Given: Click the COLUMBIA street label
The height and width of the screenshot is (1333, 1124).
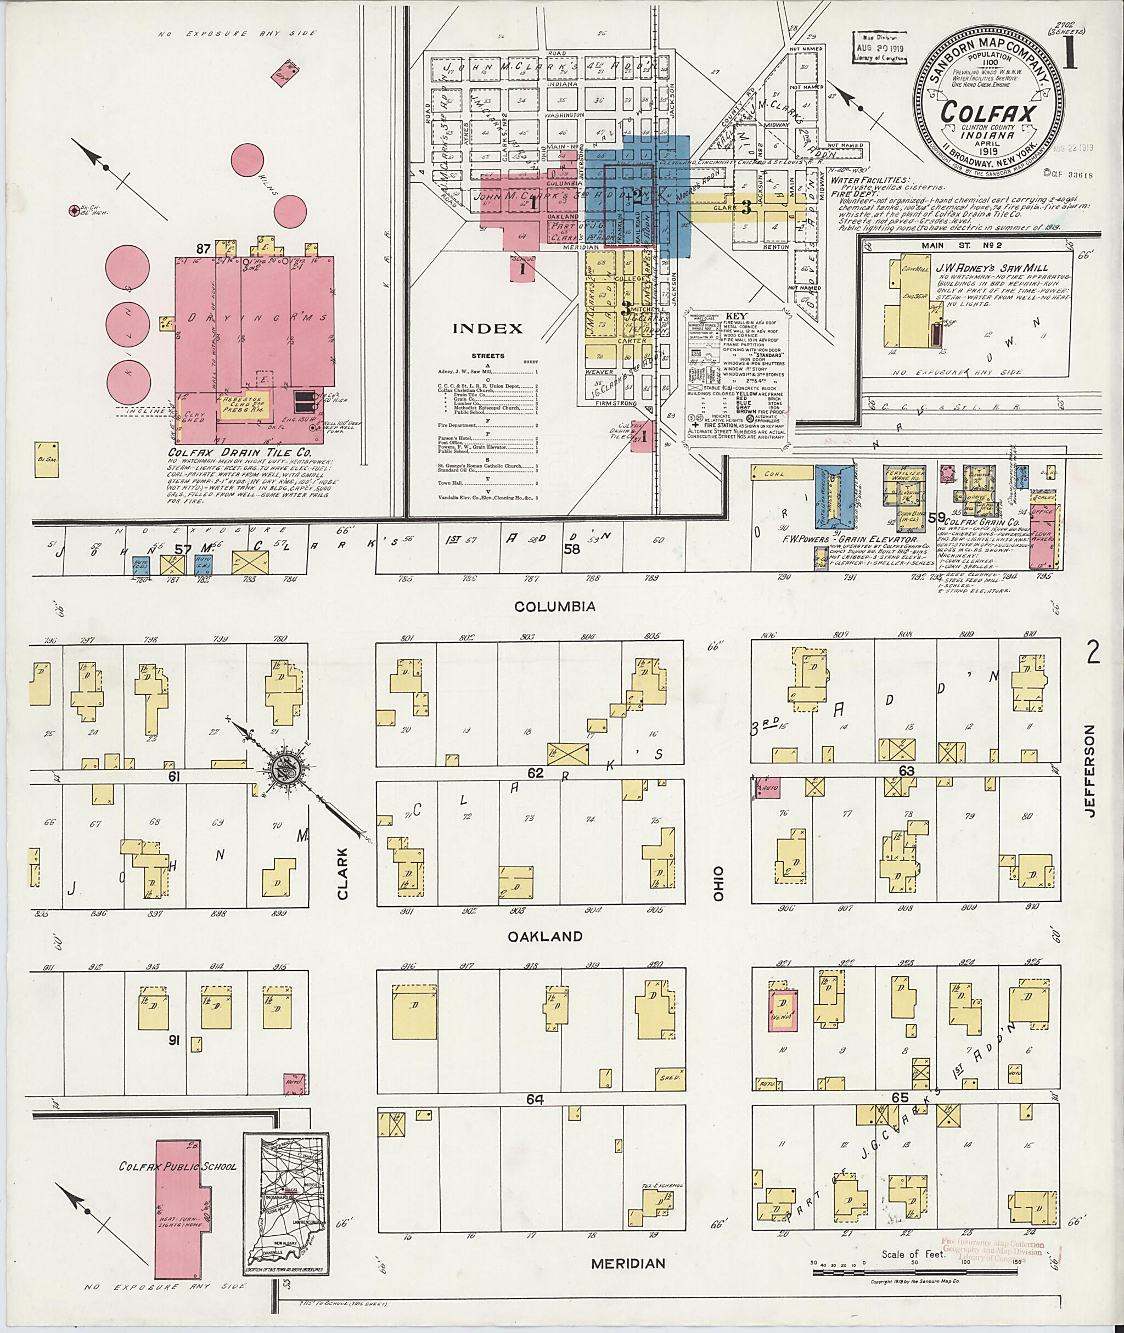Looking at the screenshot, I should tap(555, 606).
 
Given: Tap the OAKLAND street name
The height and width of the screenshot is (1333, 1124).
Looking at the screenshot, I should tap(545, 936).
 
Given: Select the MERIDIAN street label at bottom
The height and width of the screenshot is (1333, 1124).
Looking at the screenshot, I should tap(628, 1263).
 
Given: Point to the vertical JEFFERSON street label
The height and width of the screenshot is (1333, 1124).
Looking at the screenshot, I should tap(1089, 771).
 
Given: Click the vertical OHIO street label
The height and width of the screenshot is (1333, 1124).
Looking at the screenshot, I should tap(718, 882).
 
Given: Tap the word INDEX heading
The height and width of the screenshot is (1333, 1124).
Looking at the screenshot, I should tap(487, 329).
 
